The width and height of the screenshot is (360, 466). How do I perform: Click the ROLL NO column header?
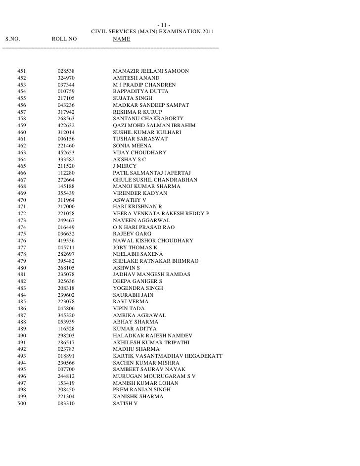tap(64, 39)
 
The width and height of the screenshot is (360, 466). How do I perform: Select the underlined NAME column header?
tap(121, 39)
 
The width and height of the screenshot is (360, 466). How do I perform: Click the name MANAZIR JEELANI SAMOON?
tap(151, 72)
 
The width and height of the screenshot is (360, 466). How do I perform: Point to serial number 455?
tap(22, 99)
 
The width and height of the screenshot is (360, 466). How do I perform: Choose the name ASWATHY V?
tap(130, 200)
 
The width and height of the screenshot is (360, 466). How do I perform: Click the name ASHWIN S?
tap(127, 268)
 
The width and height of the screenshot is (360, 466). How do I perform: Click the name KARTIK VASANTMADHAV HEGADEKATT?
tap(168, 356)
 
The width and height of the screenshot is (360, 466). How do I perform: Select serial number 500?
tap(22, 404)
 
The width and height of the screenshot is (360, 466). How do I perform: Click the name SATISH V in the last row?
tap(125, 404)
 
